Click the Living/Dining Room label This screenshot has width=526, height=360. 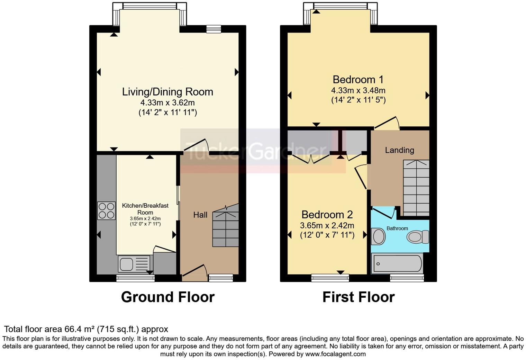pyautogui.click(x=167, y=92)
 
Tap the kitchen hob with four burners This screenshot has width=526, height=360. pyautogui.click(x=106, y=210)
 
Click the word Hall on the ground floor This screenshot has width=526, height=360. pyautogui.click(x=200, y=215)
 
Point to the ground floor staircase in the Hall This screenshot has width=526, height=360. pyautogui.click(x=226, y=225)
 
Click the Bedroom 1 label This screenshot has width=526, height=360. pyautogui.click(x=358, y=80)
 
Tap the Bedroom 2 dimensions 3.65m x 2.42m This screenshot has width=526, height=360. pyautogui.click(x=327, y=226)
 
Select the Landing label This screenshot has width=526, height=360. pyautogui.click(x=399, y=150)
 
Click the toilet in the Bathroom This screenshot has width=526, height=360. pyautogui.click(x=418, y=237)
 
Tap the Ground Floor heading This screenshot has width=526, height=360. pyautogui.click(x=167, y=297)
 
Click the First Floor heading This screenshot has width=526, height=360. pyautogui.click(x=358, y=297)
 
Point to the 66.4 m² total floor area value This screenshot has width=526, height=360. pyautogui.click(x=80, y=329)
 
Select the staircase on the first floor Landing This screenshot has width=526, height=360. pyautogui.click(x=416, y=188)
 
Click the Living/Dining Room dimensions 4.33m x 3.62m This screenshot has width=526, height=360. pyautogui.click(x=167, y=103)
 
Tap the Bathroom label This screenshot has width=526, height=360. pyautogui.click(x=397, y=228)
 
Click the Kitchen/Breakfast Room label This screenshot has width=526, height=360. pyautogui.click(x=145, y=209)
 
